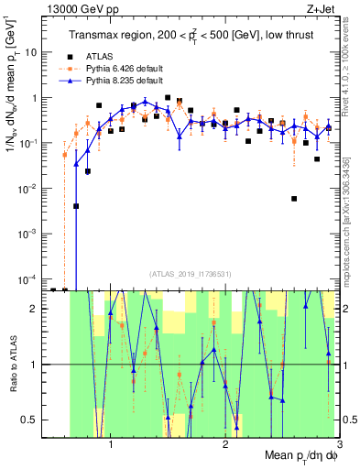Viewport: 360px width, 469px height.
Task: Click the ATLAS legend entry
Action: (x=113, y=55)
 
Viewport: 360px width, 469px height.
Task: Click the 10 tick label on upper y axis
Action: (x=31, y=52)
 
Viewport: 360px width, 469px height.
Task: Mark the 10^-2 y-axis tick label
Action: (x=29, y=188)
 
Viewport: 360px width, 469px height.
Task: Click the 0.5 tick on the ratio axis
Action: (x=29, y=420)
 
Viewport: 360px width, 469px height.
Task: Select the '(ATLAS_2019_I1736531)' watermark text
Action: (x=191, y=273)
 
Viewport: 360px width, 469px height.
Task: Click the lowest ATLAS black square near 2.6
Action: (x=294, y=198)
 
